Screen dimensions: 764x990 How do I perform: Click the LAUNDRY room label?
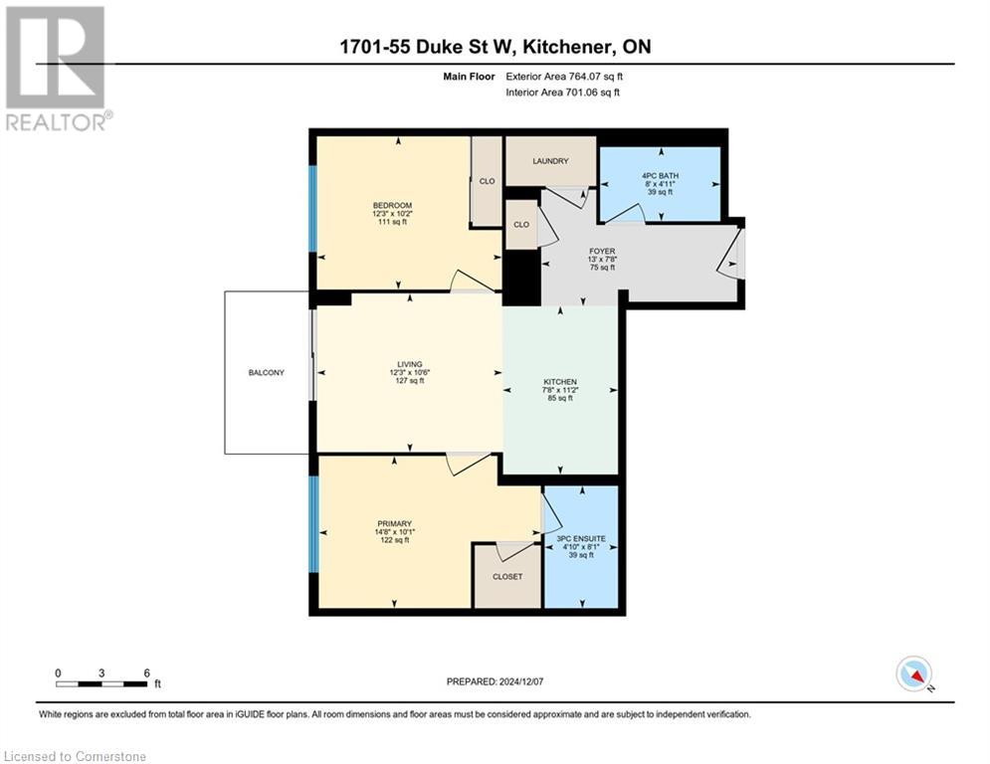pos(550,161)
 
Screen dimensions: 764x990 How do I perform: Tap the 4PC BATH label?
pos(660,175)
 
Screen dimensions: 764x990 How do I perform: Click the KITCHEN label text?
pos(560,382)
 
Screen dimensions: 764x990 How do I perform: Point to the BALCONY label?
pos(267,373)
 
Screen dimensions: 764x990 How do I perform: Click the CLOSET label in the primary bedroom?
pos(506,576)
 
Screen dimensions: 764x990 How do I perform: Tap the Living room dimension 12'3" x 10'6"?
pos(409,373)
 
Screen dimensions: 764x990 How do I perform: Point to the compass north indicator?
pos(913,674)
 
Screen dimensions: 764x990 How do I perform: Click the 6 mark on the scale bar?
pos(146,672)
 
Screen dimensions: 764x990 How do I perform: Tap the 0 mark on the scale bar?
pos(59,672)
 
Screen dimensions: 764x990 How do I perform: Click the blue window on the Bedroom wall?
pos(312,207)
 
